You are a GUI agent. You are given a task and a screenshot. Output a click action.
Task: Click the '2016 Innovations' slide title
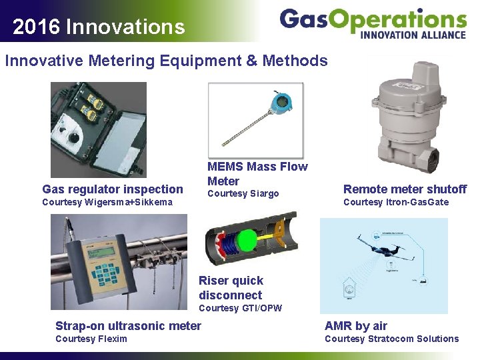coord(99,27)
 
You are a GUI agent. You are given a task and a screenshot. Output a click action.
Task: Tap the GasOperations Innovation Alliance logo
coord(373,23)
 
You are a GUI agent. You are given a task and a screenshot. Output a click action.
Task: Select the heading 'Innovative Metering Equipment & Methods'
coord(166,61)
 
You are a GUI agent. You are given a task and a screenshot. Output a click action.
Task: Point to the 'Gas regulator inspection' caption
coord(112,189)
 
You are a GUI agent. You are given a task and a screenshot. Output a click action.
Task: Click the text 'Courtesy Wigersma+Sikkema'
coord(107,202)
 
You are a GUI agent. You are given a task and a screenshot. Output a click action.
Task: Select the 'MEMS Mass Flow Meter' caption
coord(257,173)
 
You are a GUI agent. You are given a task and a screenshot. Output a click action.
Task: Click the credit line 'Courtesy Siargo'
coord(243,194)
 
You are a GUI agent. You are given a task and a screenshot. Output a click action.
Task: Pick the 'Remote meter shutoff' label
coord(405,189)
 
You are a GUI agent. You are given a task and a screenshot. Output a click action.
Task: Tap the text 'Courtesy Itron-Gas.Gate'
coord(396,202)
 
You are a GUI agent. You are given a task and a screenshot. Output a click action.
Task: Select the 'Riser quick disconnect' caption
coord(231,288)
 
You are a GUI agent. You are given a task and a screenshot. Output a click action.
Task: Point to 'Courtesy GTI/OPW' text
coord(240,308)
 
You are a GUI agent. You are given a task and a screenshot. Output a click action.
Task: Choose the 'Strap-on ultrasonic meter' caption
coord(128,325)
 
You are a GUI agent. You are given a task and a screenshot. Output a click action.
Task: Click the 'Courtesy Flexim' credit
coord(91,339)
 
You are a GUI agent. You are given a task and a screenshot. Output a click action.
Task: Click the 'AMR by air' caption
coord(355,325)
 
